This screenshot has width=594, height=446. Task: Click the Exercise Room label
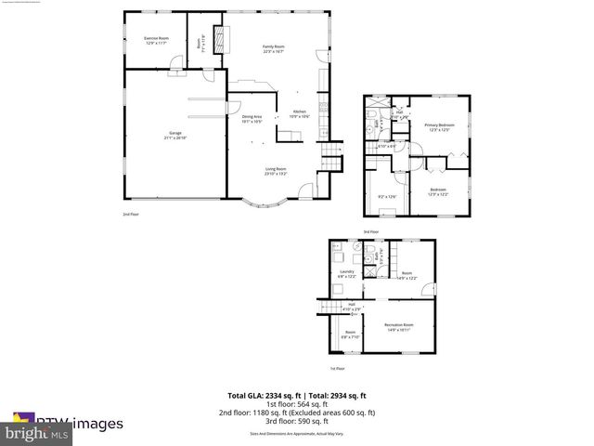(155, 40)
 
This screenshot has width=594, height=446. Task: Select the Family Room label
(273, 48)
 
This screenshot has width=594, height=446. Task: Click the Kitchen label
(300, 114)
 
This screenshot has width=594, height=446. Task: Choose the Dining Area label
(253, 119)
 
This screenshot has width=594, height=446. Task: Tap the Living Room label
(277, 172)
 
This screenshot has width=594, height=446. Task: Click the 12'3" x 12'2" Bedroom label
(438, 191)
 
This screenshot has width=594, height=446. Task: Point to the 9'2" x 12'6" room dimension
(387, 196)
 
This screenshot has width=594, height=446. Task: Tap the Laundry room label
(345, 273)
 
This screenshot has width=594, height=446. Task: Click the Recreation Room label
(399, 326)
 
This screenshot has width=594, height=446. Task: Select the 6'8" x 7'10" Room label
(350, 334)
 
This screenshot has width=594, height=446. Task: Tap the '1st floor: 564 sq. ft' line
(297, 403)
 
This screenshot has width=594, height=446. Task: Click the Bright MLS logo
(37, 433)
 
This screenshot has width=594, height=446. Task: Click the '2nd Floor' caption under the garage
(130, 214)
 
